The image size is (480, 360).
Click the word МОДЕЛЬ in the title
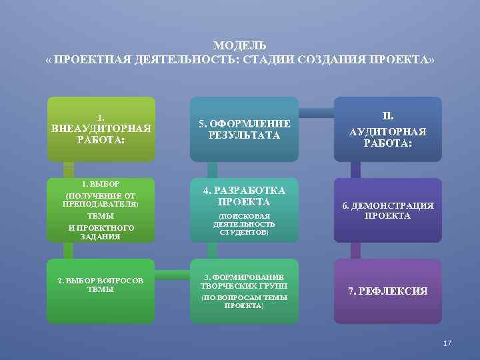tap(240, 45)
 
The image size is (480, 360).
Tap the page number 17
tap(447, 343)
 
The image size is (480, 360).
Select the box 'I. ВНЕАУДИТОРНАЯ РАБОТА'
tap(101, 129)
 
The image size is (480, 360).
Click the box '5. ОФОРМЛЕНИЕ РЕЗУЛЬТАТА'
tap(245, 129)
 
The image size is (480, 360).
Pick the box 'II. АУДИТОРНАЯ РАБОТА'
tap(388, 129)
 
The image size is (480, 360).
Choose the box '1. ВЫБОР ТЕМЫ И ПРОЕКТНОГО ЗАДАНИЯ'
tap(101, 210)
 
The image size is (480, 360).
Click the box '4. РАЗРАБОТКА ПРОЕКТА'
tap(245, 210)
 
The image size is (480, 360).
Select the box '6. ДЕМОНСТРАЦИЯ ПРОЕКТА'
tap(388, 210)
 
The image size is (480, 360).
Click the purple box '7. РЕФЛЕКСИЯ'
tap(388, 291)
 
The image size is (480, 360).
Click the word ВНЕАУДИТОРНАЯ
tap(101, 128)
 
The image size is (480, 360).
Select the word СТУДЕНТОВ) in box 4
tap(244, 233)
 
